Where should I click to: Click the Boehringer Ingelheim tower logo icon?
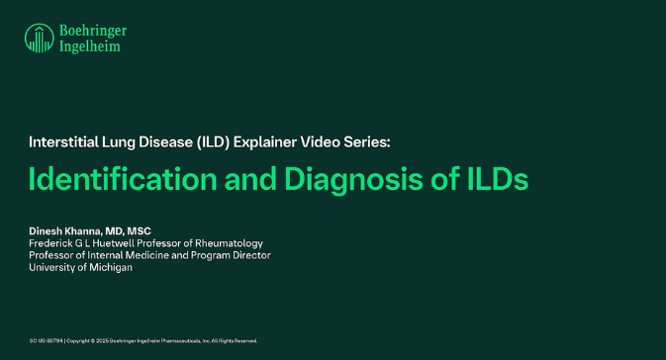[x=39, y=38]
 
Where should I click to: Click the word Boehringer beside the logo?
[x=92, y=30]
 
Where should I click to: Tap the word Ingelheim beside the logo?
[x=87, y=45]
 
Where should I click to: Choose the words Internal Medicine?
[x=125, y=255]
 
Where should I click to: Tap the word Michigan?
[x=110, y=267]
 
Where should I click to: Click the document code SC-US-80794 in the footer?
[x=45, y=341]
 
